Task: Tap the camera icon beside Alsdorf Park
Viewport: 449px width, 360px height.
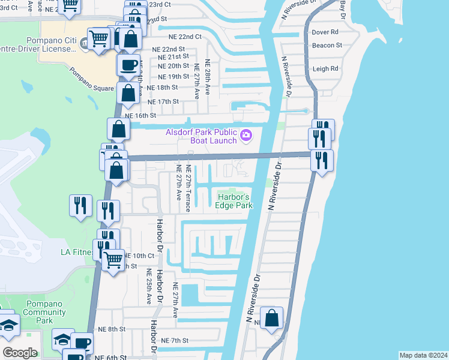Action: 246,136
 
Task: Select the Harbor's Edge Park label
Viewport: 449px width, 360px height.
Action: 234,200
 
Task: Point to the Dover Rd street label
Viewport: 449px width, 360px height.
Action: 325,32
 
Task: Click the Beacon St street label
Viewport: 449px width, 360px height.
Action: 327,45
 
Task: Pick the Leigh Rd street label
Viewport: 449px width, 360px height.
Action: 325,69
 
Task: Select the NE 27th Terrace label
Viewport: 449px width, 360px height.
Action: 188,188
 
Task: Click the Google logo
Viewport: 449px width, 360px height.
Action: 20,353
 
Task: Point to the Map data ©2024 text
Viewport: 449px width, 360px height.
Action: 423,355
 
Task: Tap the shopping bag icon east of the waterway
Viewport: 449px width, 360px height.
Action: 273,320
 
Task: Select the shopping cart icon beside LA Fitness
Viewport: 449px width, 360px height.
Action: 113,261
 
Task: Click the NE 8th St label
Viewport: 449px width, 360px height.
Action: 112,329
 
